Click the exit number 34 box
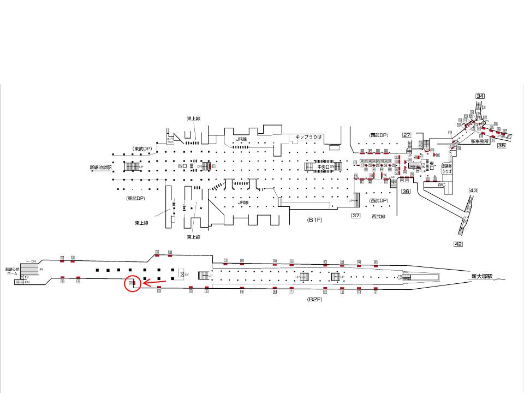tap(480, 97)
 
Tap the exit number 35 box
tap(502, 146)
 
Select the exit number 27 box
tap(407, 135)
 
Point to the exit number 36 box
tap(406, 191)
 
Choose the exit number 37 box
tap(356, 216)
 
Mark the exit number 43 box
tap(473, 190)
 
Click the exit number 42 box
tap(458, 244)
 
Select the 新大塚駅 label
tap(482, 277)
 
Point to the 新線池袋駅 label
tap(101, 167)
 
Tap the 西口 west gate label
tap(183, 165)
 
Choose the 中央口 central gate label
tap(324, 166)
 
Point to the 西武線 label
tap(378, 217)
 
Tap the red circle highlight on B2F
tap(132, 284)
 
